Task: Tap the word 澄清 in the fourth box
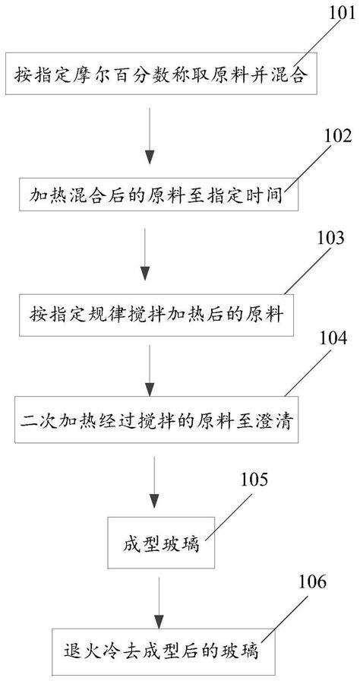click(x=267, y=417)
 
